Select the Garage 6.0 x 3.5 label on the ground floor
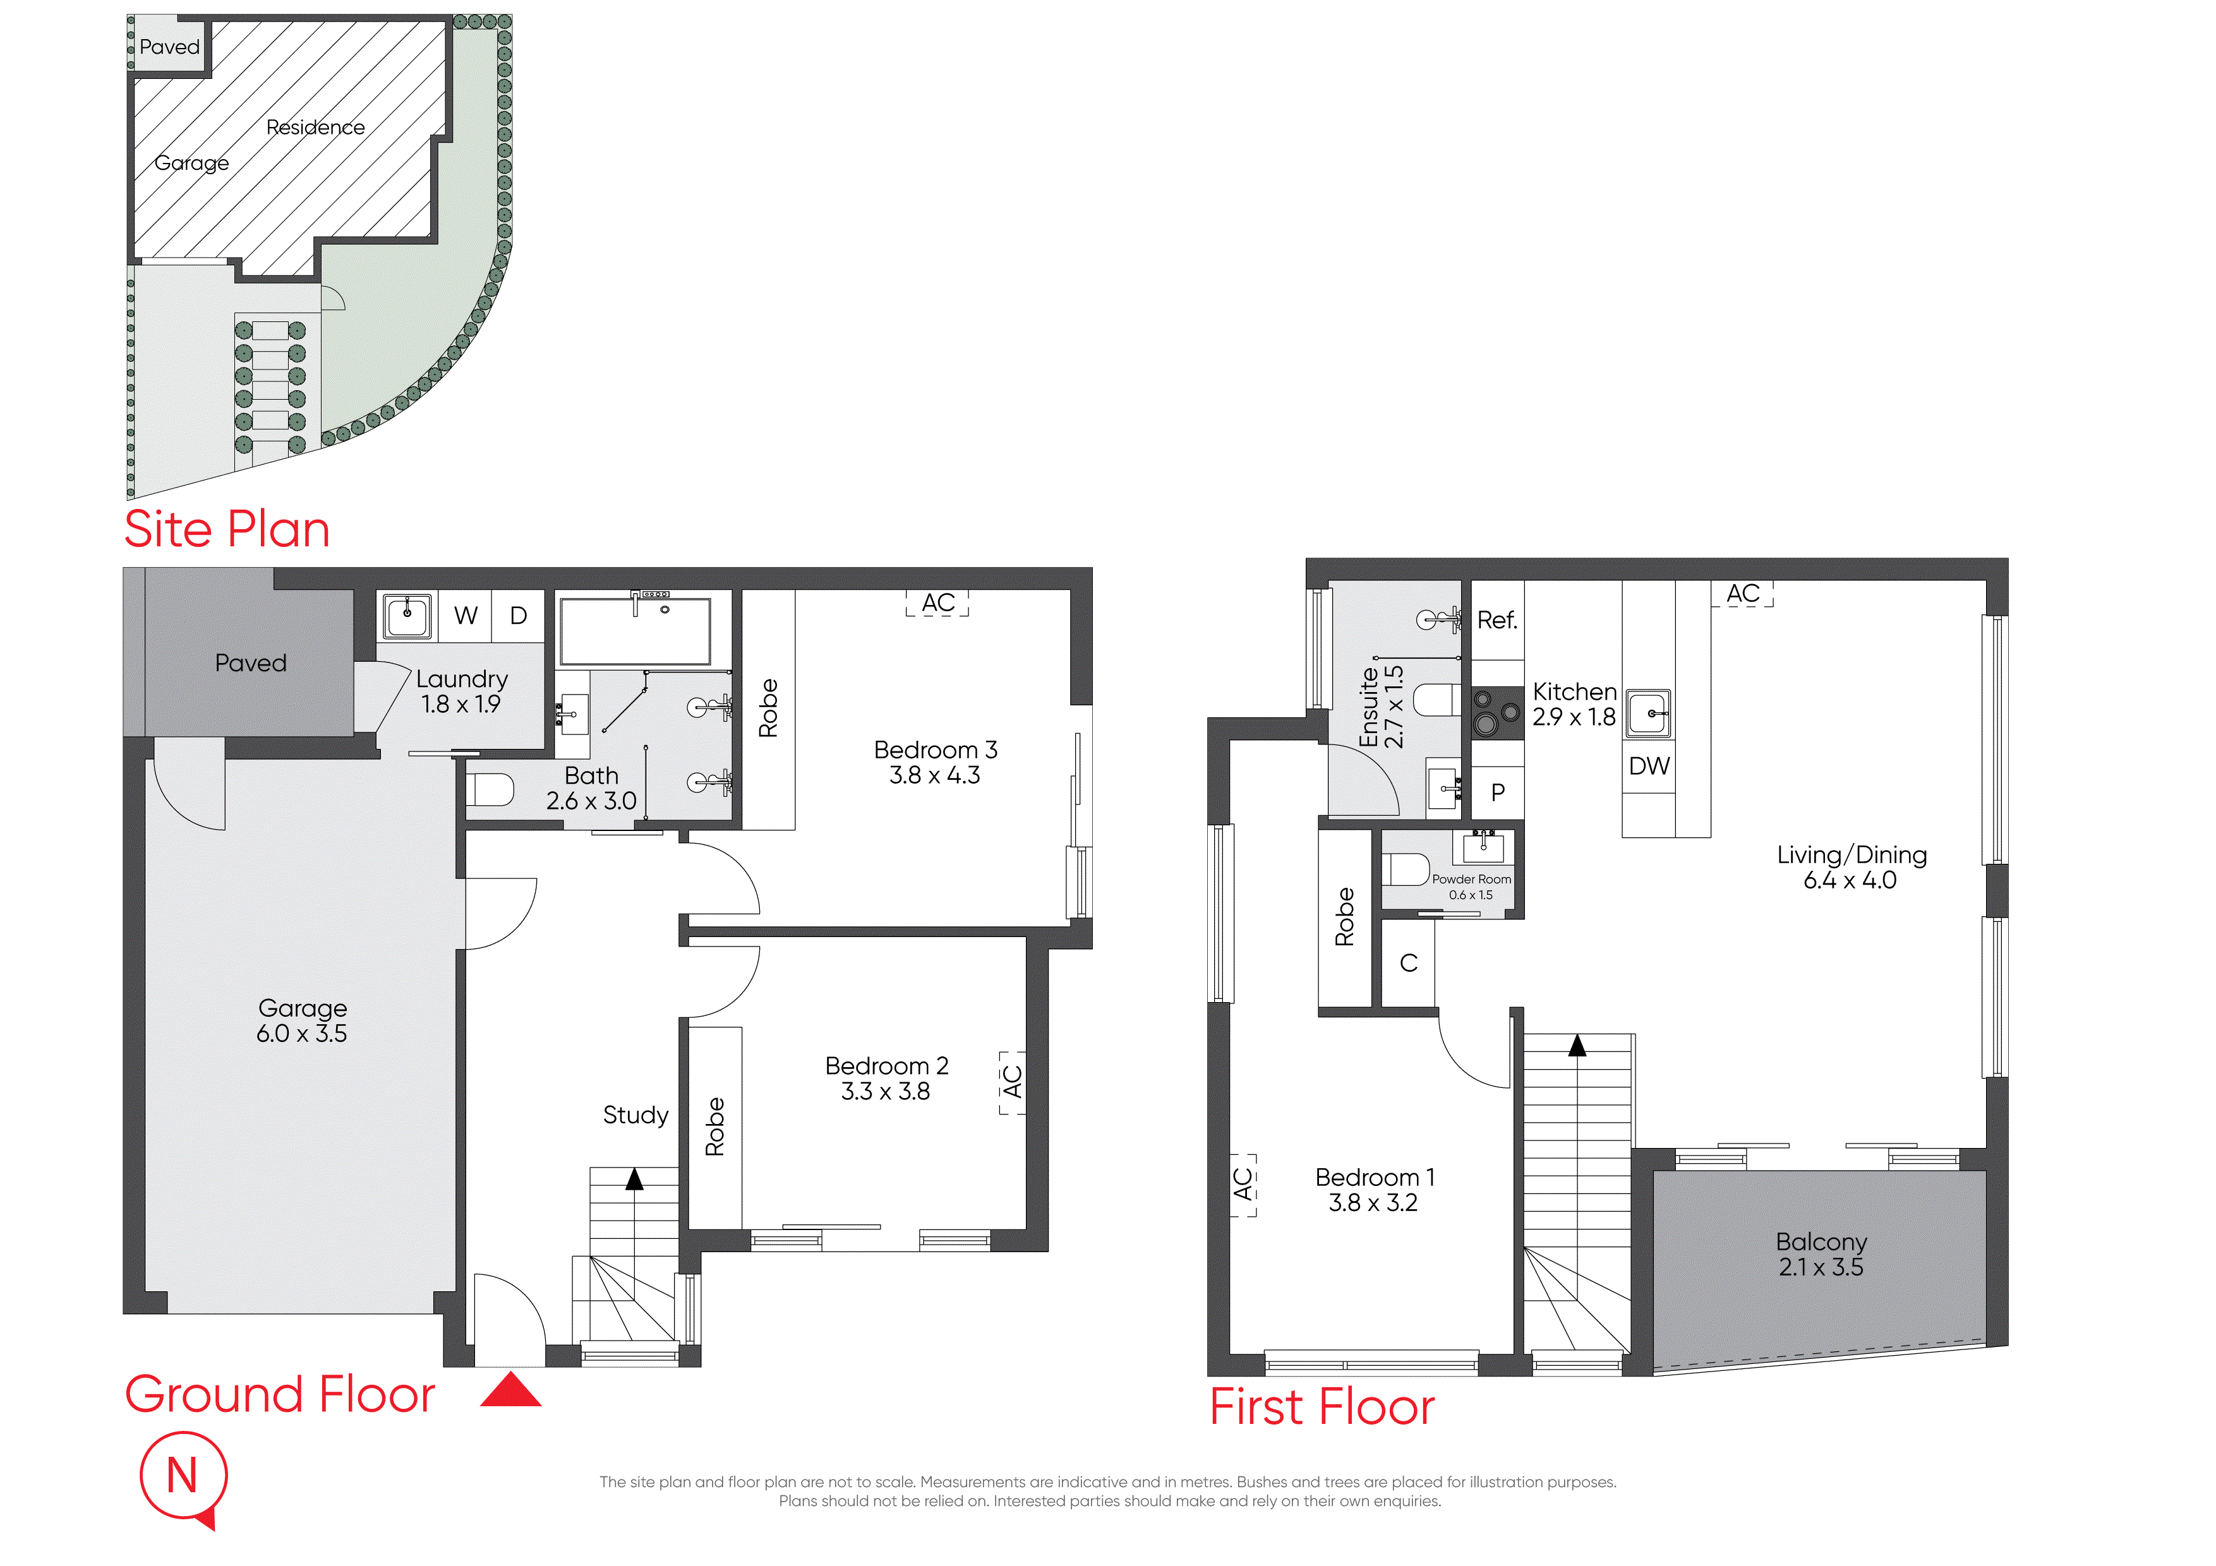pyautogui.click(x=302, y=1021)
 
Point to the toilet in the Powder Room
pyautogui.click(x=1406, y=870)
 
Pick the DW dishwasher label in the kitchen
pyautogui.click(x=1649, y=766)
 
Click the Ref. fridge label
pyautogui.click(x=1497, y=621)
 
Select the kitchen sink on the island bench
pyautogui.click(x=1649, y=714)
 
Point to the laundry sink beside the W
pyautogui.click(x=407, y=616)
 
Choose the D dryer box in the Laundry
pyautogui.click(x=518, y=616)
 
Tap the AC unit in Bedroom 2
pyautogui.click(x=1011, y=1082)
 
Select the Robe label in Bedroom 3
pyautogui.click(x=768, y=708)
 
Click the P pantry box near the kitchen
pyautogui.click(x=1498, y=793)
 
